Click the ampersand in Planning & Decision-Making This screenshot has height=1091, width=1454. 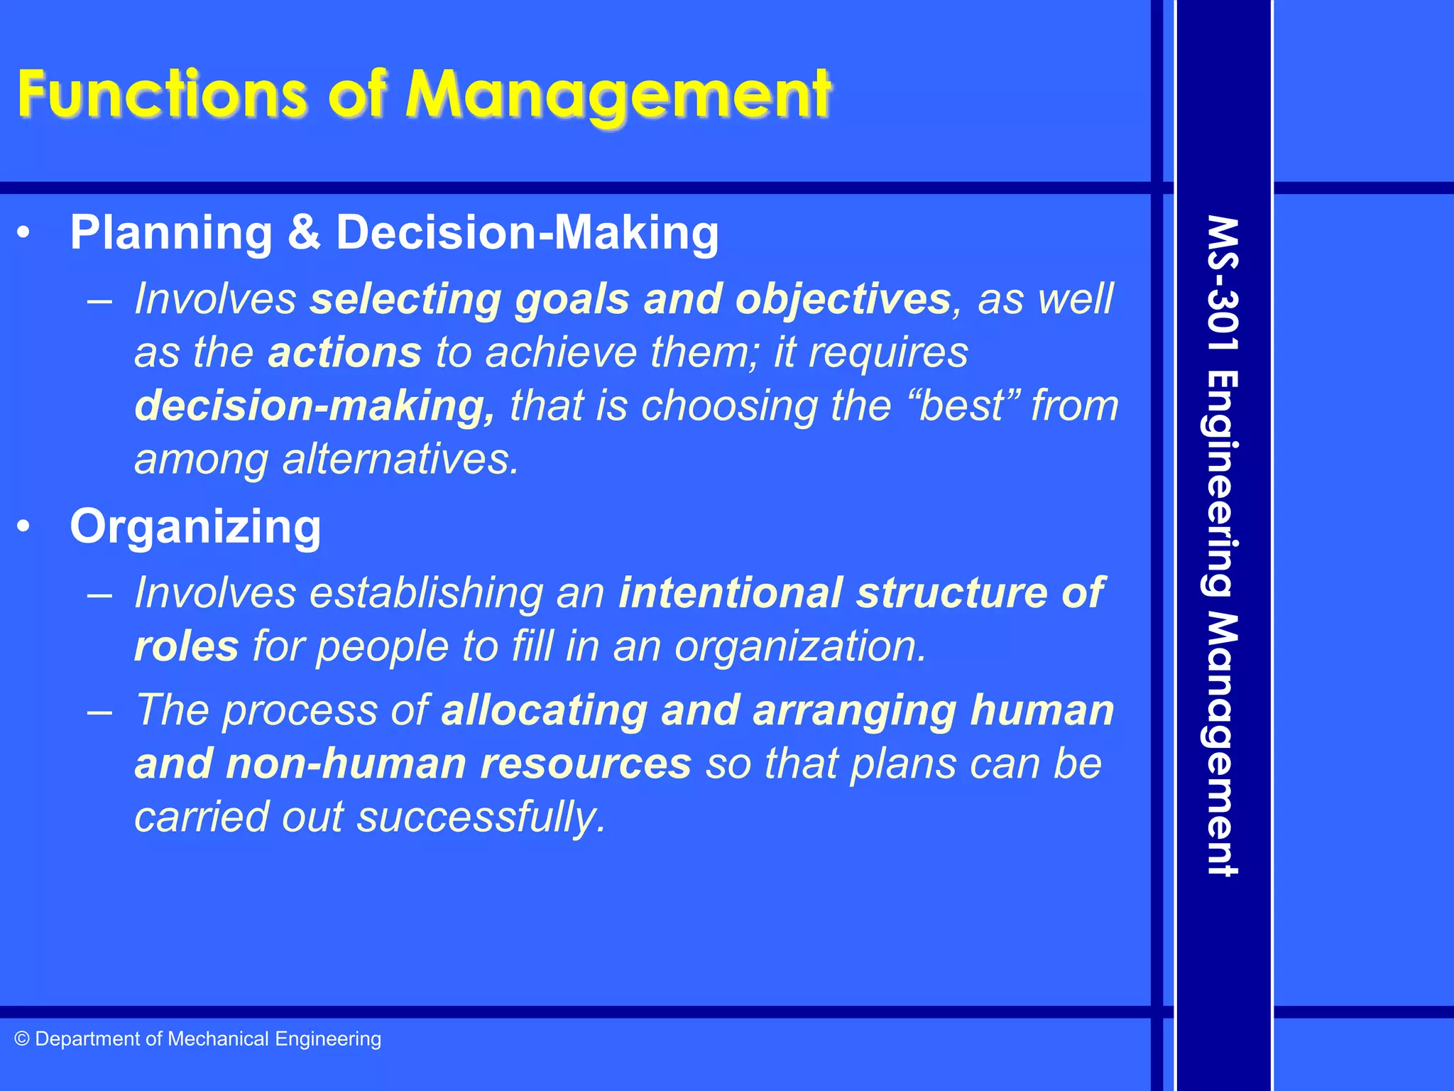304,232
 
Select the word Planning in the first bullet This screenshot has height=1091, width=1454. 171,234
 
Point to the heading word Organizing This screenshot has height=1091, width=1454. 195,527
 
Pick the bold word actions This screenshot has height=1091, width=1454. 344,352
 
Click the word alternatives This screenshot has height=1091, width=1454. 400,459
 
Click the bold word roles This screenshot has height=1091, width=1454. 186,646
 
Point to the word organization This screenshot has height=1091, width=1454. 800,646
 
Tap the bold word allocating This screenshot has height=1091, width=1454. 544,710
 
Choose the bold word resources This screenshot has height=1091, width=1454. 586,764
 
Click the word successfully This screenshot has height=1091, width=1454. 481,818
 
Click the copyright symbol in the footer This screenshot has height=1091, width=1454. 22,1039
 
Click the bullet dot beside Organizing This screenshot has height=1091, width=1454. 25,526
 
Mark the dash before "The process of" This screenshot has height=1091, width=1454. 100,711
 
